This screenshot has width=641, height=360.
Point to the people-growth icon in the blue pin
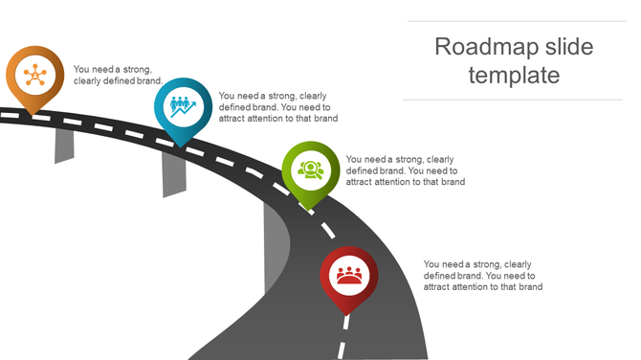tap(183, 105)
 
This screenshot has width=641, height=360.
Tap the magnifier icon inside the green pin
tap(311, 169)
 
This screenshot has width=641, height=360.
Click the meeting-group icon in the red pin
tap(348, 275)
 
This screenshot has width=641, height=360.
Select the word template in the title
tap(515, 75)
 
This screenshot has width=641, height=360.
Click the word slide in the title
tap(566, 46)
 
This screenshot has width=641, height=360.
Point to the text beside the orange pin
tap(118, 75)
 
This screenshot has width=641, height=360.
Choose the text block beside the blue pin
tap(277, 107)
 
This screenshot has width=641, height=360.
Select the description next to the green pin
tap(405, 170)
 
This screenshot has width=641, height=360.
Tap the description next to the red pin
tap(483, 276)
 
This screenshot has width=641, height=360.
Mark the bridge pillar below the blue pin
tap(174, 172)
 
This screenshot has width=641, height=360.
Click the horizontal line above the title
tap(515, 21)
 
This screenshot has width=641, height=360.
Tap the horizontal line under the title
tap(515, 100)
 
